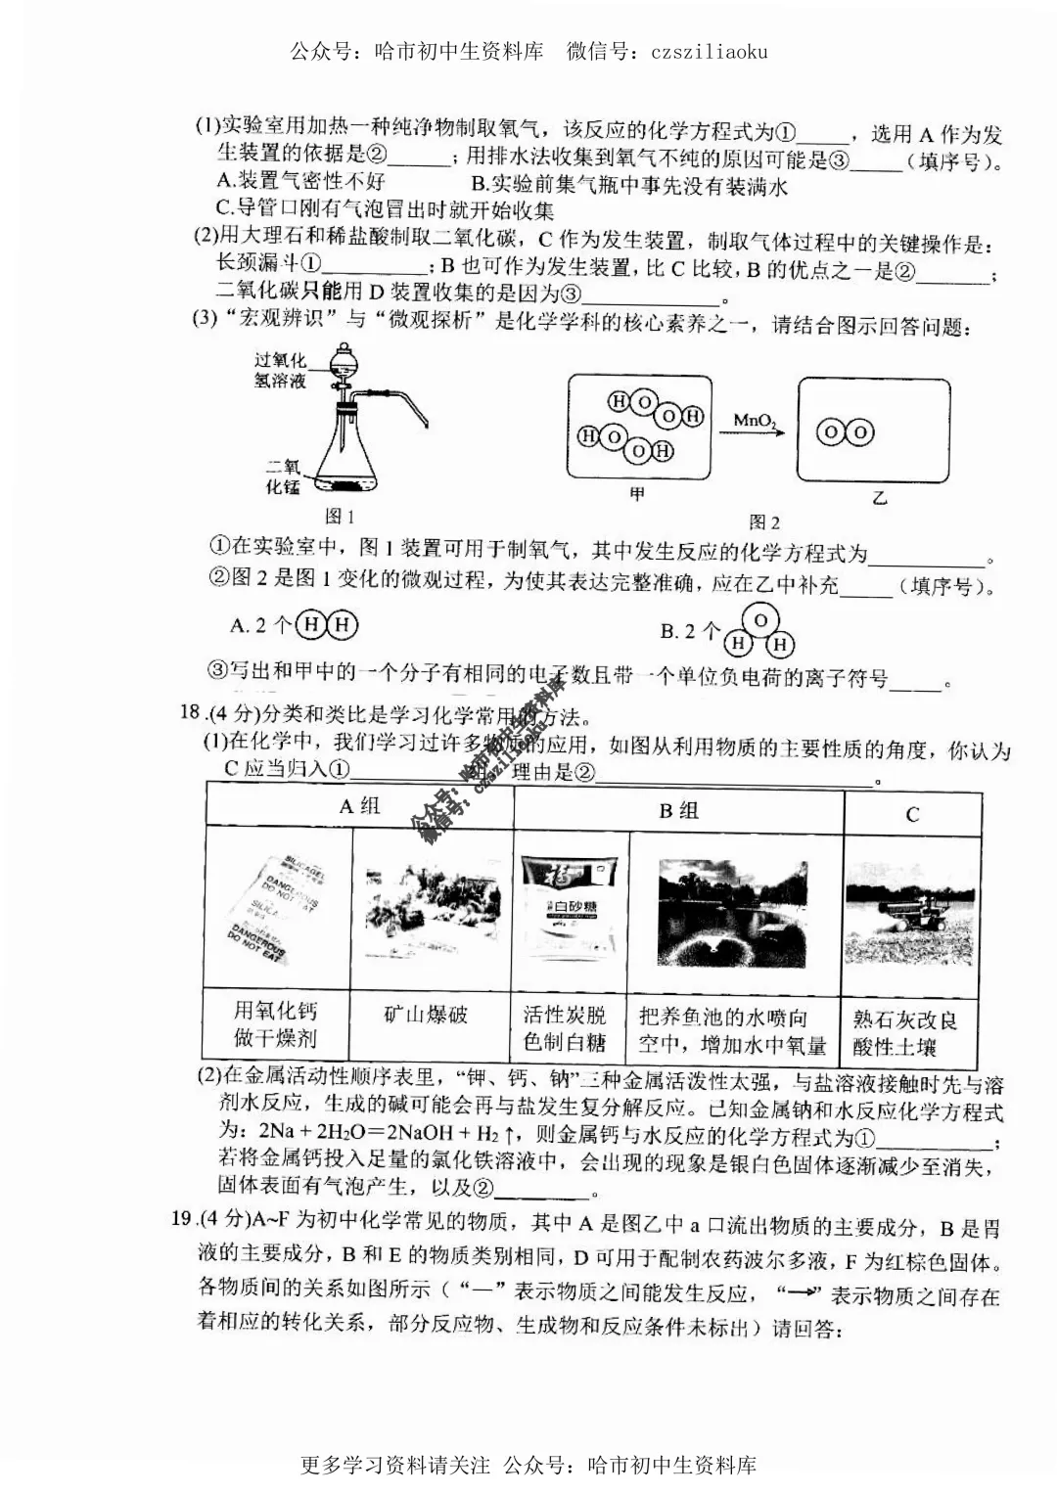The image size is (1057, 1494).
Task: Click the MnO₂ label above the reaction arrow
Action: click(756, 421)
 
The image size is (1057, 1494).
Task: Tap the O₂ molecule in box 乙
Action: click(846, 432)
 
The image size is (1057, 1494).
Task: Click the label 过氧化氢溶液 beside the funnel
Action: click(280, 371)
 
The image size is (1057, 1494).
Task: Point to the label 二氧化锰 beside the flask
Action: click(283, 476)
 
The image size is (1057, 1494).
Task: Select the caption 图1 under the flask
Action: click(339, 517)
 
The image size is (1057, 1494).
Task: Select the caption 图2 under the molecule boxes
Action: click(764, 521)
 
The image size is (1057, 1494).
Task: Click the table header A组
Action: click(359, 806)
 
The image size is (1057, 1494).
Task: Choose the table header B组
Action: click(678, 810)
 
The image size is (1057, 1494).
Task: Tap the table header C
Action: click(912, 814)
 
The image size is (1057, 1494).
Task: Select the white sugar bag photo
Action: click(571, 908)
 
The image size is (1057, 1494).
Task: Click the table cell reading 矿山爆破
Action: click(427, 1015)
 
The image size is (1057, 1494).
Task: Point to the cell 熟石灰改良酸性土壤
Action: click(905, 1033)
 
